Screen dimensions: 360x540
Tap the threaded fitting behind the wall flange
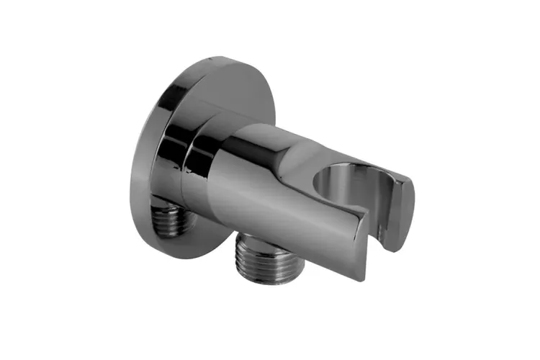coord(172,220)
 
